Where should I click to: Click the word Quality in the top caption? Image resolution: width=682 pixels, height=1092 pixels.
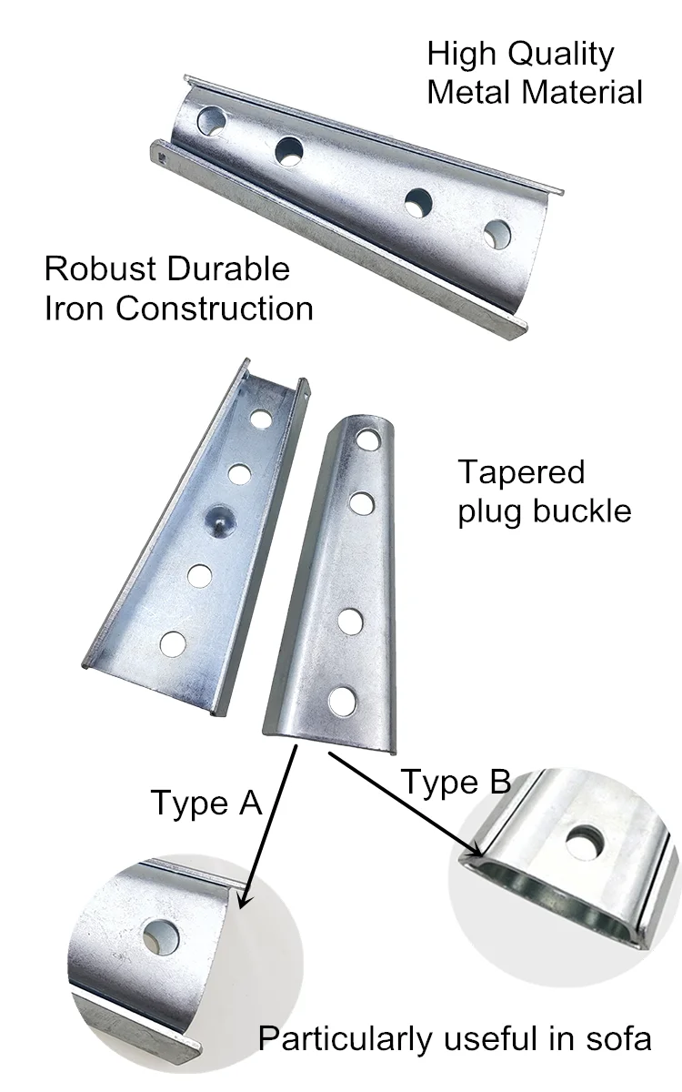(561, 56)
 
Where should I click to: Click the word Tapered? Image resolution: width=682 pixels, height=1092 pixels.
(521, 473)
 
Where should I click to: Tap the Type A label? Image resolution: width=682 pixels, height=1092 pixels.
(206, 803)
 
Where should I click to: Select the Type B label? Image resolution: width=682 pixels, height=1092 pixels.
(456, 782)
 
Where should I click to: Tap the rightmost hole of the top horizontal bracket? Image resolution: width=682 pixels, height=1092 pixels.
(496, 235)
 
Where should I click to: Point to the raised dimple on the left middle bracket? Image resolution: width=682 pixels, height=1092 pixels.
(219, 520)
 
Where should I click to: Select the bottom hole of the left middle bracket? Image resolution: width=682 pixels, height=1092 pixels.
(173, 643)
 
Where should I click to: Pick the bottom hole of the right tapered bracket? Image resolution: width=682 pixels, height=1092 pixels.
(343, 701)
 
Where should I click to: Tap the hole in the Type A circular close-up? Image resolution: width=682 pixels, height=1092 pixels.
(161, 936)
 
